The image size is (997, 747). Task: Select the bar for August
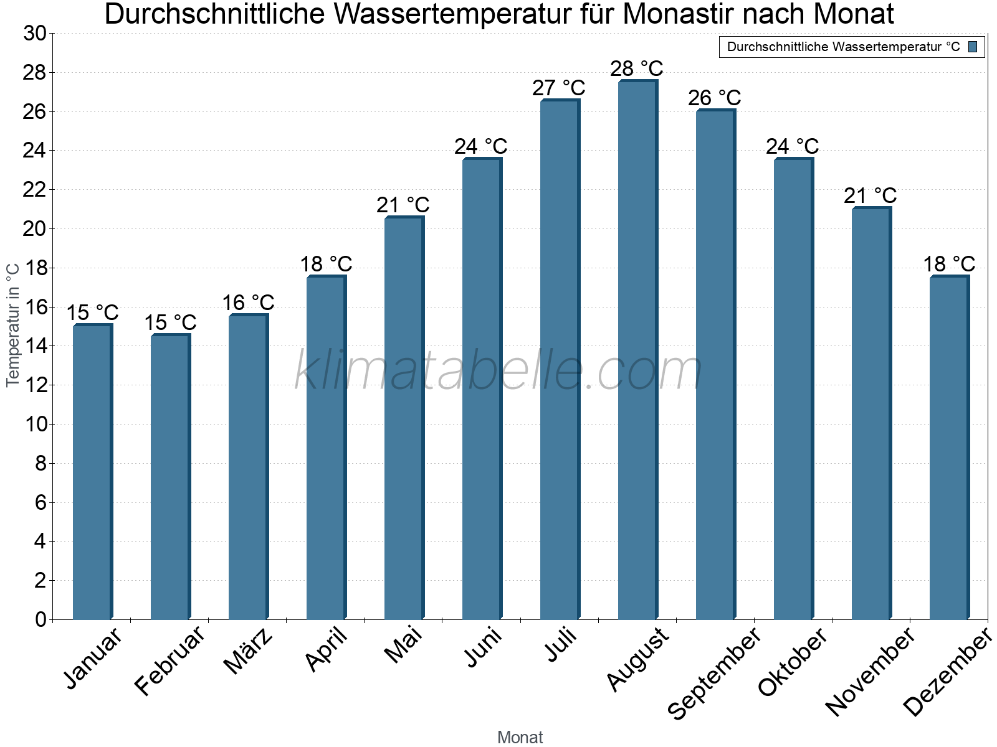tap(637, 349)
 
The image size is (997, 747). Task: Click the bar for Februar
tap(169, 476)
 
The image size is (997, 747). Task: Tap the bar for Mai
tap(403, 417)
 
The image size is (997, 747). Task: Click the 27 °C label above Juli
tap(558, 88)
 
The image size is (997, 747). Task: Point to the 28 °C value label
tap(636, 68)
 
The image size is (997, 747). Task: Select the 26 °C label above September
tap(714, 98)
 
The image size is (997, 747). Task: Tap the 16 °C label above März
tap(247, 303)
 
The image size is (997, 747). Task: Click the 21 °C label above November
tap(870, 195)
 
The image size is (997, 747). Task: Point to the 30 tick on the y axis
tap(35, 34)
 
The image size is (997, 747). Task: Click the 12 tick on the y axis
tap(35, 385)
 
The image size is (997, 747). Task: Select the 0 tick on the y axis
tap(41, 619)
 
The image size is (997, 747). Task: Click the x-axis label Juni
tap(484, 647)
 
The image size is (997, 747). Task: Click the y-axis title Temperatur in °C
tap(13, 325)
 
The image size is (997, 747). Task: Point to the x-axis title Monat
tap(520, 737)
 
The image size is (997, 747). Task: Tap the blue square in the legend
tap(973, 47)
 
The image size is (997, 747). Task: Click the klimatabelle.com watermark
tap(499, 370)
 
